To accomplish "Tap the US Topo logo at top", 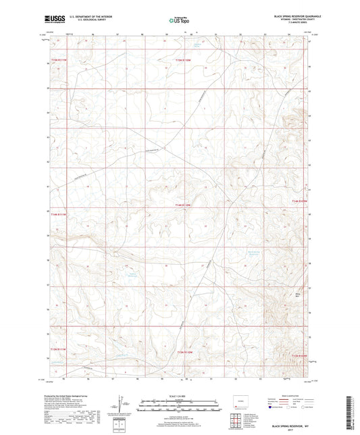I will coord(178,21).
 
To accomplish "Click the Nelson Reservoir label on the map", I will coord(132,273).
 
